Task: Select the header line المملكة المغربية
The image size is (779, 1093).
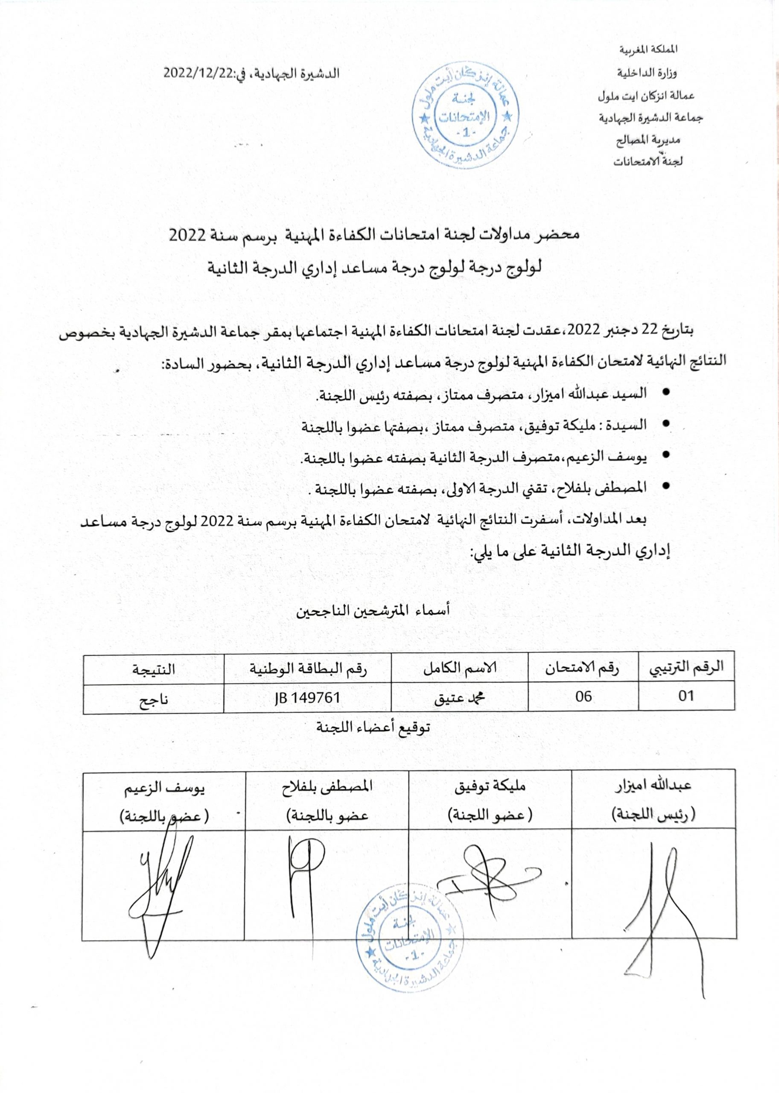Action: click(648, 50)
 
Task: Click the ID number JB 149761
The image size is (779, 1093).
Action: click(307, 697)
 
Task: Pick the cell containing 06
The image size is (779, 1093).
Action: click(584, 696)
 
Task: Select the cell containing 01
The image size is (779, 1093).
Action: click(686, 696)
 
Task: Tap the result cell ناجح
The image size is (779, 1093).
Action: click(154, 698)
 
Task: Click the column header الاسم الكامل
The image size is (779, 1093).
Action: click(460, 668)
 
